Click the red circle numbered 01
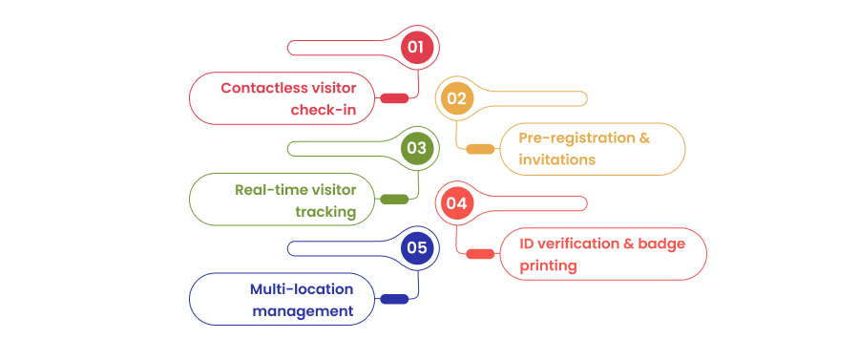tap(417, 47)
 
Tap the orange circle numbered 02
tap(455, 98)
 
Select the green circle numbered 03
tap(417, 148)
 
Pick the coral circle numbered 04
tap(455, 202)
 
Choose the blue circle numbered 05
tap(417, 249)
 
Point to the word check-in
tap(324, 110)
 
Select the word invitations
tap(557, 159)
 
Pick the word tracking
tap(325, 211)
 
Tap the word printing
tap(549, 265)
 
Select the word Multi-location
tap(302, 288)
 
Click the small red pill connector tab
tap(394, 98)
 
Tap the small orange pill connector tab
tap(480, 149)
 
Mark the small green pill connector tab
tap(394, 200)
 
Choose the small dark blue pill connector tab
tap(394, 299)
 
